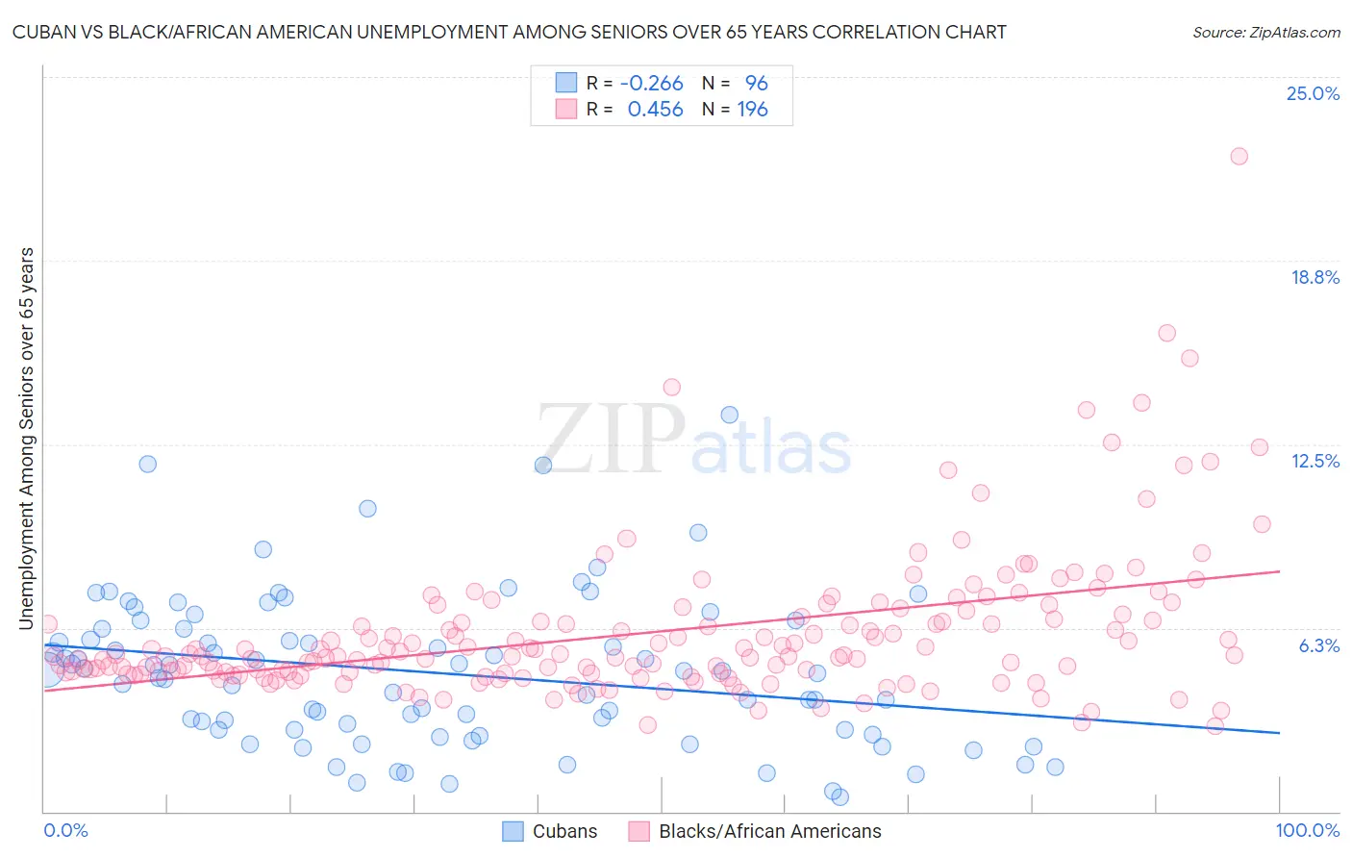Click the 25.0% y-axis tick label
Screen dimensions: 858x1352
click(1313, 93)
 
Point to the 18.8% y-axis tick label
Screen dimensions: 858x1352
click(1314, 277)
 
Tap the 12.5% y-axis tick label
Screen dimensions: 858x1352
click(1314, 461)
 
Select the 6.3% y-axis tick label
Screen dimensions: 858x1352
click(1319, 645)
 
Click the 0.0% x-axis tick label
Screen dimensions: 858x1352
click(65, 830)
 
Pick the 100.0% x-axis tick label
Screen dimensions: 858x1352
click(1307, 830)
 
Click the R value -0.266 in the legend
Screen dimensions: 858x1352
click(651, 83)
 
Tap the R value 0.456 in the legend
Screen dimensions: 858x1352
click(655, 109)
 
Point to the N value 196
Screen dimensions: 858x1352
click(752, 109)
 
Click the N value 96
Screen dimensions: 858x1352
click(756, 83)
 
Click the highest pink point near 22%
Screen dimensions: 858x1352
click(1239, 156)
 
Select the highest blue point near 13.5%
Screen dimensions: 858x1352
click(729, 415)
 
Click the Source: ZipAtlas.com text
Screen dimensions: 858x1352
click(1265, 32)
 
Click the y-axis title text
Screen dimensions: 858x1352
click(27, 439)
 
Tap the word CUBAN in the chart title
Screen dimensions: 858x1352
click(45, 32)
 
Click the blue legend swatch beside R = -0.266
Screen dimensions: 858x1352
click(566, 83)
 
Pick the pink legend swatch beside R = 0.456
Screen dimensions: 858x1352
click(566, 109)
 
